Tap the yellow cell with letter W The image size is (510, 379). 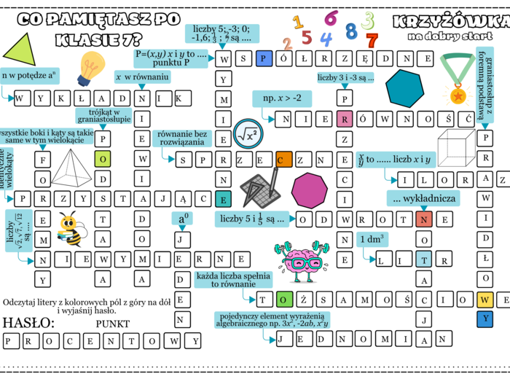pos(484,299)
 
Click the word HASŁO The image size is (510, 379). pos(28,322)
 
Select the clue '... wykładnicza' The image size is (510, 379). pos(423,198)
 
